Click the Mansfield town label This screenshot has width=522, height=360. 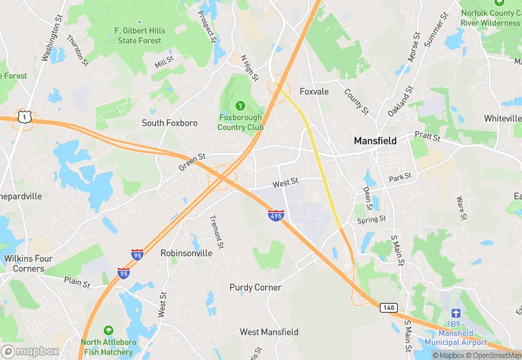[x=375, y=140]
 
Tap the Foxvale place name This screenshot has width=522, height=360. [x=314, y=91]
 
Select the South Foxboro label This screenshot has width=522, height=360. [x=170, y=123]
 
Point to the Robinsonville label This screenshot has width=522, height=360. [x=186, y=253]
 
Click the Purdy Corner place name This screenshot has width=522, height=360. [x=256, y=287]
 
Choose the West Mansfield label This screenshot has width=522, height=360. [x=269, y=332]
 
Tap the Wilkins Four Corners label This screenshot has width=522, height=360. [x=28, y=263]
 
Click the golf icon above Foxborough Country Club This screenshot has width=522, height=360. [x=240, y=105]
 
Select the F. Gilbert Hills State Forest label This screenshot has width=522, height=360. [x=139, y=36]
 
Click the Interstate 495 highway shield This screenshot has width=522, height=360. [x=276, y=216]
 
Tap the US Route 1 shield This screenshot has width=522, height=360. [x=25, y=117]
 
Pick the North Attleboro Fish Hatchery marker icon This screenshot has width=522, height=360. [x=107, y=331]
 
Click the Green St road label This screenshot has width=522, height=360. [x=192, y=163]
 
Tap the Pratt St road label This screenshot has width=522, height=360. [x=427, y=137]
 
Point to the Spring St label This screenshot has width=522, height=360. [x=372, y=220]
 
